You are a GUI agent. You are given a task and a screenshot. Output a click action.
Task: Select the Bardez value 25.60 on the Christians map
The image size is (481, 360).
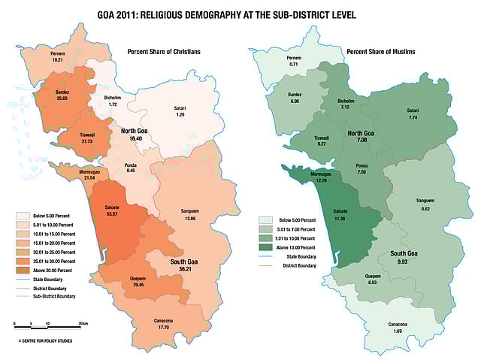[62, 98]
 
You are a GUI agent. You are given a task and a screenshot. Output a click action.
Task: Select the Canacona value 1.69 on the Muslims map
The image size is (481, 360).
[398, 331]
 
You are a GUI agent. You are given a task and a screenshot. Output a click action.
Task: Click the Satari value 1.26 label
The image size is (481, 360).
[180, 115]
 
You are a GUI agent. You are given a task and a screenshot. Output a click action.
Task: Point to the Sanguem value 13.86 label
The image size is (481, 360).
[189, 218]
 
